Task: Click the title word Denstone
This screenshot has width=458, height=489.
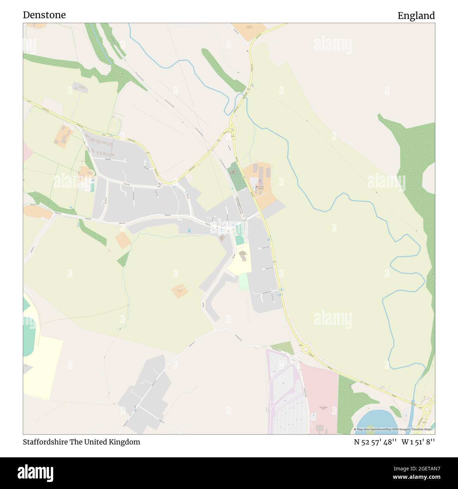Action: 44,15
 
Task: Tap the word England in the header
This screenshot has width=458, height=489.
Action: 416,15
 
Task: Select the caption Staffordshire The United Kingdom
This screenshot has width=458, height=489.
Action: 81,442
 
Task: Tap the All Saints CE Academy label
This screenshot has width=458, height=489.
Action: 243,253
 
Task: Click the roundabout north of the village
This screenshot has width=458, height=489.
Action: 233,131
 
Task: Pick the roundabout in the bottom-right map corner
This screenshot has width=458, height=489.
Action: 427,409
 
